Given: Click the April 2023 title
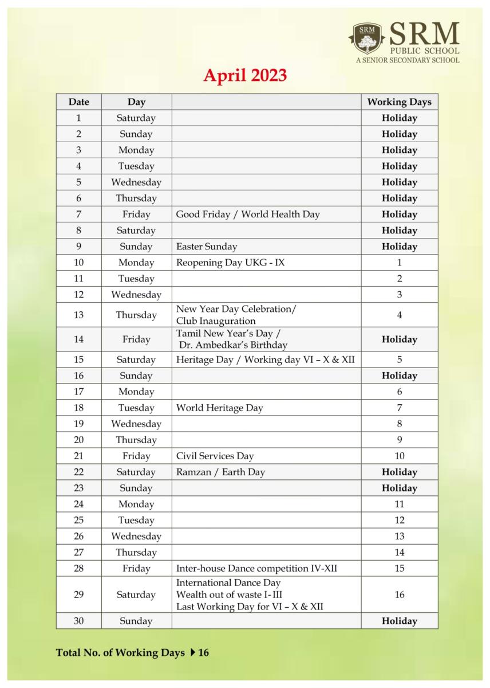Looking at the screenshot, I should point(245,76).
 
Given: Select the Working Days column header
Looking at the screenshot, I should point(399,102).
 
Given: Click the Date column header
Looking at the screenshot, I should point(78,102).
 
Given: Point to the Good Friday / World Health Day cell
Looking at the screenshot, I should point(248,214).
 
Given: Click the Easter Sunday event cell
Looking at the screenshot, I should point(207,247).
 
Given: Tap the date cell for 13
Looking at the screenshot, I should point(78,315).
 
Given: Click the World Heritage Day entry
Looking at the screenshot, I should point(220,408).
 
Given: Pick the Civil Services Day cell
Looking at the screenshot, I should point(215,456).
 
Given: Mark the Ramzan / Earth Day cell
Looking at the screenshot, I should point(220,472).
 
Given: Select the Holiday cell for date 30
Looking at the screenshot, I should point(399,621).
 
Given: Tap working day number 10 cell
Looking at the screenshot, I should point(399,456).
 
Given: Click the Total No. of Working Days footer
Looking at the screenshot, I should point(132,652).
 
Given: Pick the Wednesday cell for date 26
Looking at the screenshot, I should point(136,537).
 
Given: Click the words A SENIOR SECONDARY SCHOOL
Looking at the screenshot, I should point(407,60).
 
